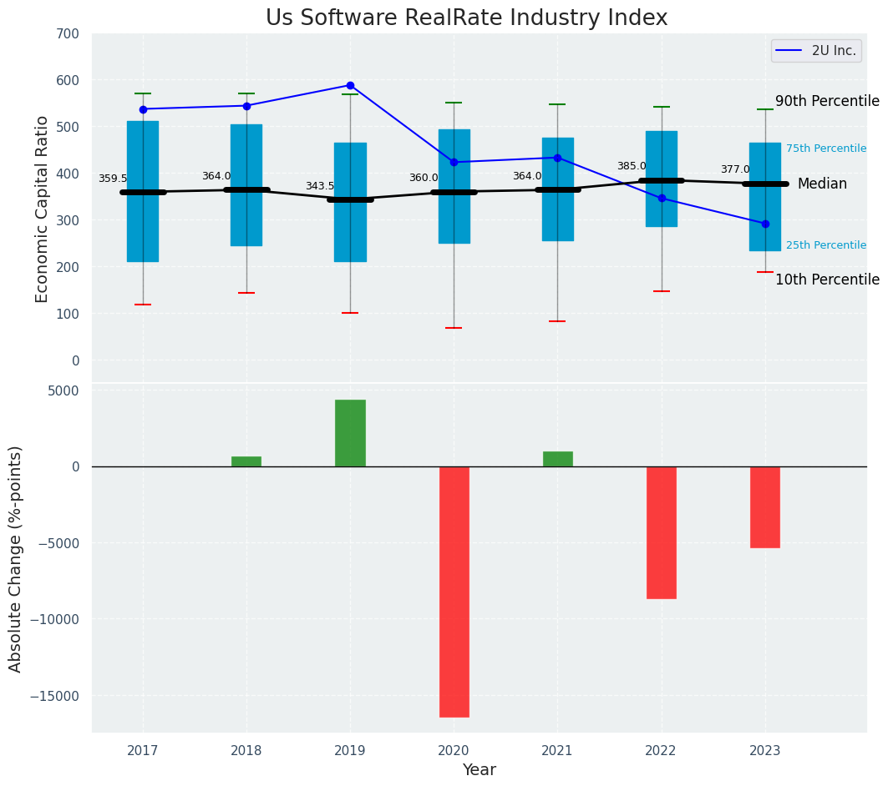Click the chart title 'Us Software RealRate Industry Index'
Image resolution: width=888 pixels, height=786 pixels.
tap(466, 18)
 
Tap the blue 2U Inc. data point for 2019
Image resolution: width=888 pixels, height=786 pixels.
tap(350, 85)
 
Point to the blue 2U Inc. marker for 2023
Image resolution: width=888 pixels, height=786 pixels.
tap(765, 224)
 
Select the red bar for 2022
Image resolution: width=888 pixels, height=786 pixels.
tap(662, 532)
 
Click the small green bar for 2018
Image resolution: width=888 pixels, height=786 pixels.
tap(246, 461)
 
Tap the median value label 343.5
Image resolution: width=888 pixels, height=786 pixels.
tap(319, 187)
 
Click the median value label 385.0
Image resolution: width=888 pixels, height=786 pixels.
tap(632, 167)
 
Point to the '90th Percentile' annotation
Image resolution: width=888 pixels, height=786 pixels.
tap(827, 102)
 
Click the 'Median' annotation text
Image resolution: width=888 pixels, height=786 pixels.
tap(822, 184)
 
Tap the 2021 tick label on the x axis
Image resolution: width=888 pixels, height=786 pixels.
tap(557, 751)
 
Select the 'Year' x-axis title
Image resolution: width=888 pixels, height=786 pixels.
tap(479, 770)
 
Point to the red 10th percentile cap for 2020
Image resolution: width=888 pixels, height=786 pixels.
tap(454, 328)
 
